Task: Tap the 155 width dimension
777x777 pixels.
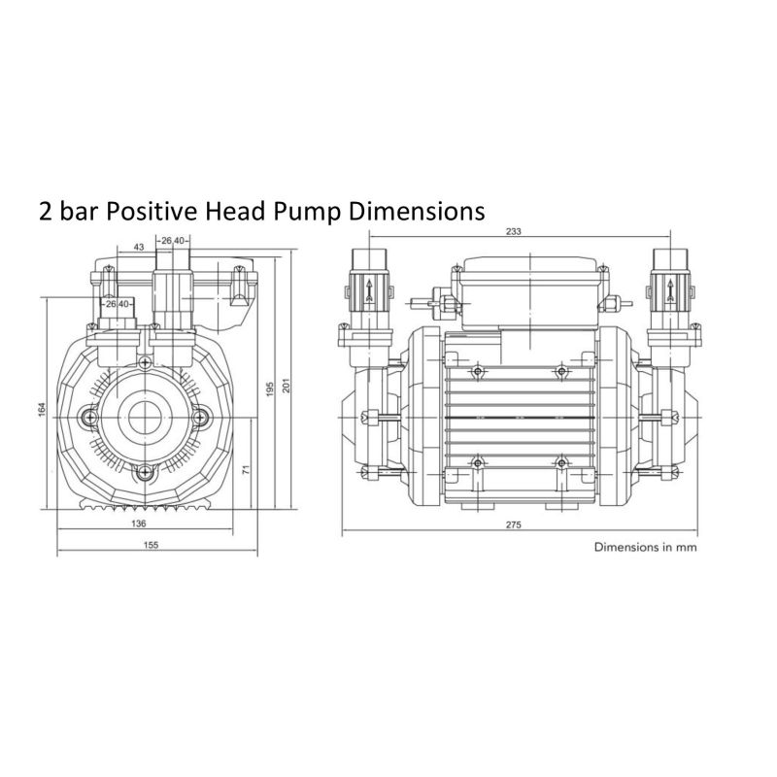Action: (x=151, y=546)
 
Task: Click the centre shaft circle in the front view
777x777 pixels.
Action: (x=145, y=418)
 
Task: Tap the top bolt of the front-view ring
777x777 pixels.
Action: (x=145, y=363)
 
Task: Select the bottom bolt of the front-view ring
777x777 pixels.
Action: (x=145, y=472)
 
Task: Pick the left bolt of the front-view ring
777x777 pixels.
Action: (x=90, y=418)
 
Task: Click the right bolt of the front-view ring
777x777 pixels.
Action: (x=199, y=418)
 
